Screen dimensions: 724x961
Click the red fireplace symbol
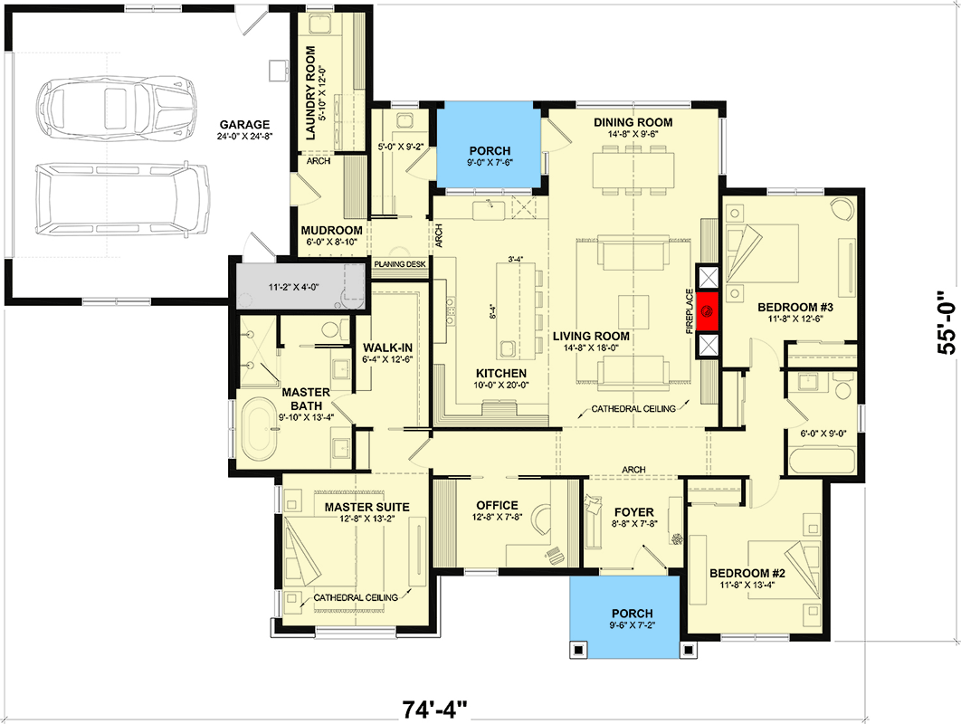click(x=708, y=312)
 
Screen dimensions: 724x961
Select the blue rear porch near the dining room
click(x=490, y=148)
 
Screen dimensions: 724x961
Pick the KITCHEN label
click(x=501, y=373)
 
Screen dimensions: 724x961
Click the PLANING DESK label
click(x=399, y=264)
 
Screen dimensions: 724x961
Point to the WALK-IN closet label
click(x=387, y=348)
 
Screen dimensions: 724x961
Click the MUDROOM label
click(x=331, y=230)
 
